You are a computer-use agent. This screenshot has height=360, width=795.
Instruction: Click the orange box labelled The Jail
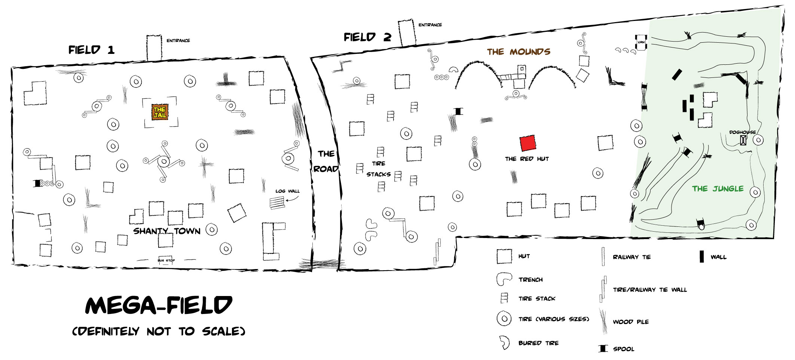pyautogui.click(x=160, y=112)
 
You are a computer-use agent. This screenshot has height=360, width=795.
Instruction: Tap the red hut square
pyautogui.click(x=528, y=143)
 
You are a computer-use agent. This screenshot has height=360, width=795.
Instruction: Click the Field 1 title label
pyautogui.click(x=91, y=50)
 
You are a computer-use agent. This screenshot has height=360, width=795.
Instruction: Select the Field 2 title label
pyautogui.click(x=367, y=37)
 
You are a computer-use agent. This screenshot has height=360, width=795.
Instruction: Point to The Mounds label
pyautogui.click(x=519, y=52)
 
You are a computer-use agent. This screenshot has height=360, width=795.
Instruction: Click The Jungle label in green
pyautogui.click(x=718, y=189)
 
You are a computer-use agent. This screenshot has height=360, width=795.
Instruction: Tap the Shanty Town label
pyautogui.click(x=167, y=231)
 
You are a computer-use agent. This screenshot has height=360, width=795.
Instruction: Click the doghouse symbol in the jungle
pyautogui.click(x=743, y=140)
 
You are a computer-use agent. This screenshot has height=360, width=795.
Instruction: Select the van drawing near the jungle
pyautogui.click(x=641, y=42)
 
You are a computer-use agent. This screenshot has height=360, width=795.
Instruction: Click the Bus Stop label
pyautogui.click(x=166, y=260)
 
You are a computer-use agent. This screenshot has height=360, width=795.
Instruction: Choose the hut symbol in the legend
pyautogui.click(x=504, y=256)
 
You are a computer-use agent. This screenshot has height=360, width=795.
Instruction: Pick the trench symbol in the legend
pyautogui.click(x=504, y=279)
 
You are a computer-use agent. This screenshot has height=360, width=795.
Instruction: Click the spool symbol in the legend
pyautogui.click(x=603, y=348)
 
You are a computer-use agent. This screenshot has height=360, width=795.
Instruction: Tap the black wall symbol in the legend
pyautogui.click(x=702, y=257)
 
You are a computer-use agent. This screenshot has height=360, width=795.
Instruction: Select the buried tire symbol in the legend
pyautogui.click(x=504, y=342)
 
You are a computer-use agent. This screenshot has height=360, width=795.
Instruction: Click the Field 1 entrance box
pyautogui.click(x=154, y=48)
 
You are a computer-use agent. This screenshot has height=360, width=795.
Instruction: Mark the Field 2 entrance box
pyautogui.click(x=407, y=33)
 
